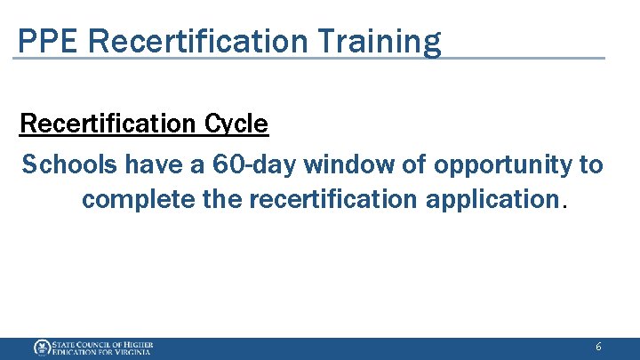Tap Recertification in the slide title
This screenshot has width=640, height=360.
pos(203,41)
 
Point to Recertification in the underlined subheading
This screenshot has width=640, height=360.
pos(108,124)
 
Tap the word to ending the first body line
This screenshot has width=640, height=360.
pos(590,164)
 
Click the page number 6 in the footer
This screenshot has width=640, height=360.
pos(598,348)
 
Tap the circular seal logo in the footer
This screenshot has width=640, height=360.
pos(41,348)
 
